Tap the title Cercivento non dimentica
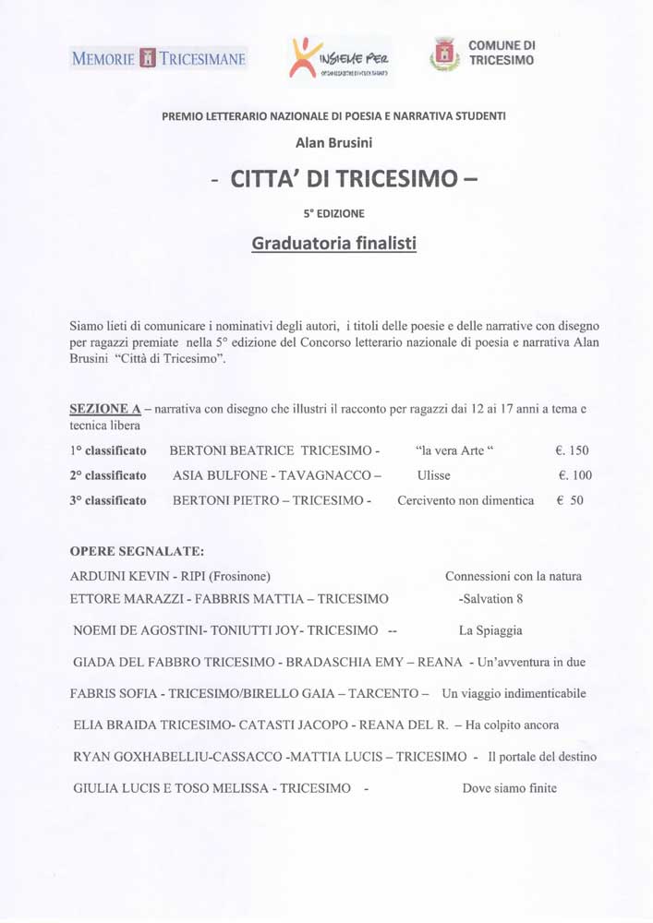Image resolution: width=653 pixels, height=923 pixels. coord(466,501)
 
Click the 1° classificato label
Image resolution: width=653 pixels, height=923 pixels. coord(108,451)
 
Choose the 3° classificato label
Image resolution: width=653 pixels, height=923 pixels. coord(108,501)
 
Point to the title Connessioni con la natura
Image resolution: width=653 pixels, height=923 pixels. coord(513,577)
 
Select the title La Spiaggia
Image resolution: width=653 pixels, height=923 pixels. coord(490,631)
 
